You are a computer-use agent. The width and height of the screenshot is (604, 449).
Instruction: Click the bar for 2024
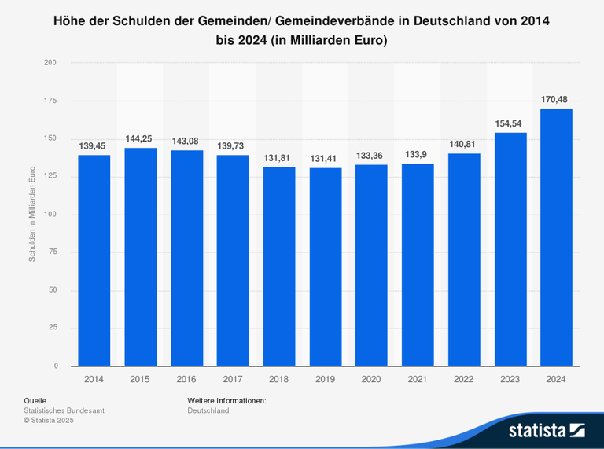coord(556,237)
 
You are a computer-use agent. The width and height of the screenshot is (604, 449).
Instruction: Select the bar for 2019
coord(325,267)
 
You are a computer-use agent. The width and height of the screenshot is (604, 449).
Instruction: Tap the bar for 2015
coord(140,256)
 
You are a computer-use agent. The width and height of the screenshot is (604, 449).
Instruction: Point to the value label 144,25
coord(139,138)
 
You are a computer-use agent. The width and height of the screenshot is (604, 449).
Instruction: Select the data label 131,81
coord(278,157)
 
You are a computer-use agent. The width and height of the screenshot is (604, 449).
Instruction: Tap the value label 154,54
coord(510,123)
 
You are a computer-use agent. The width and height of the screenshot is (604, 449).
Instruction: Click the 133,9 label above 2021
coord(418,154)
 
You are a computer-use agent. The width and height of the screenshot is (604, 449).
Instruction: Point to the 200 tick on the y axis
coord(50,62)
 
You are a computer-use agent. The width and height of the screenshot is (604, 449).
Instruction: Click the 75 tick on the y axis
coord(53,252)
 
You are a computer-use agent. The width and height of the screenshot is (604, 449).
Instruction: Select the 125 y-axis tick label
coord(50,176)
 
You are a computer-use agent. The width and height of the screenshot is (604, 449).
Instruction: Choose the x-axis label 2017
coord(232,379)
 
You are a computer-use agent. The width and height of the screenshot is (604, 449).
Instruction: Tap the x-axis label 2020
coord(371,379)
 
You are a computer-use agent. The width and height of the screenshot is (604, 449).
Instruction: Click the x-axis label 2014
coord(94,379)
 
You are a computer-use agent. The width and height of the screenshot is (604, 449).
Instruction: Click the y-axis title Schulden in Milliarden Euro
coord(32,215)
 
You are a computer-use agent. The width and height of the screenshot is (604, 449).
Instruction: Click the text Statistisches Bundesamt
coord(64,410)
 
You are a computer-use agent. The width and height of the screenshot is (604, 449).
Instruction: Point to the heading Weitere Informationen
coord(226,401)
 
